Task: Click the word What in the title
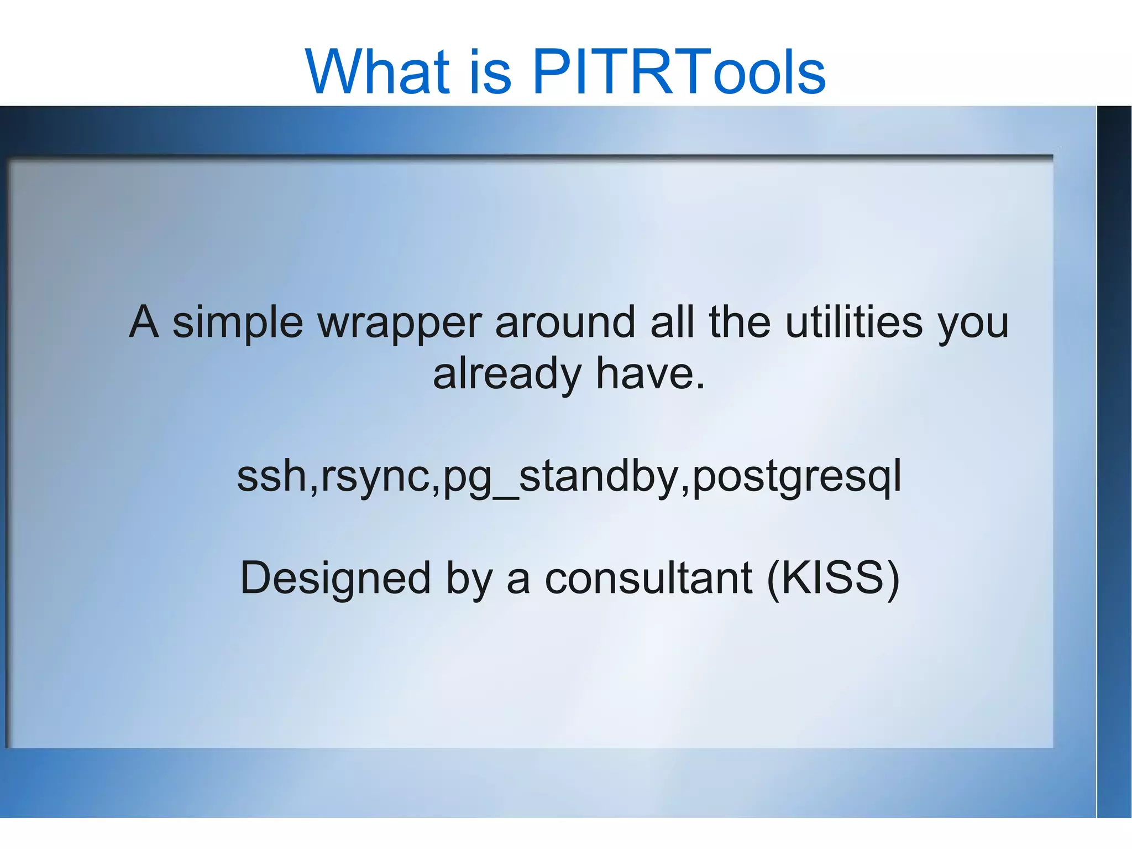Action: [x=378, y=72]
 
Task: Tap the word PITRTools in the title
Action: [x=679, y=72]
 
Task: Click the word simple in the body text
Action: [x=238, y=322]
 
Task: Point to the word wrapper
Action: [x=400, y=322]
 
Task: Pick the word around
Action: [x=565, y=322]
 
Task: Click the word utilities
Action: [x=854, y=322]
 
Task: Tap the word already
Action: [x=507, y=374]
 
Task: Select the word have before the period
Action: [x=644, y=374]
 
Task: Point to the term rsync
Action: [x=375, y=477]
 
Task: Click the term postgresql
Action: [x=796, y=477]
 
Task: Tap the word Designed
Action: [x=336, y=578]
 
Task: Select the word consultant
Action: [x=648, y=578]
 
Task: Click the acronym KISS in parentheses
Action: [x=832, y=578]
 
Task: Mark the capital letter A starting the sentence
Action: [x=144, y=322]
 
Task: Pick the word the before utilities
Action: [x=740, y=322]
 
